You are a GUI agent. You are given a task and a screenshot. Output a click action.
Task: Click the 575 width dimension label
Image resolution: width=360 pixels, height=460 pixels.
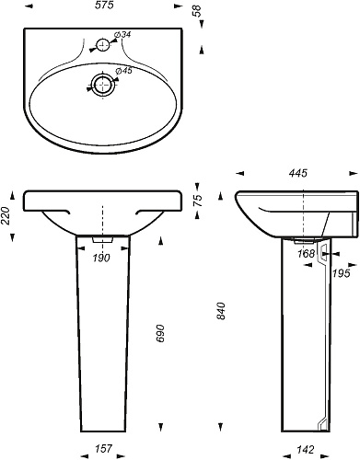(104, 6)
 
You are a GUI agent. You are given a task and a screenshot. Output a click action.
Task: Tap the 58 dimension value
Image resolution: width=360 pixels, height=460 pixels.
(198, 11)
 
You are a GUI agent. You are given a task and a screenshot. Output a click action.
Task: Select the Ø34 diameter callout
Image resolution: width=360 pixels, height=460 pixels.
(122, 35)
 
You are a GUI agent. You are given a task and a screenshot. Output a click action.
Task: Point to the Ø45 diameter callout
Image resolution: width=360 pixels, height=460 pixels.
(123, 71)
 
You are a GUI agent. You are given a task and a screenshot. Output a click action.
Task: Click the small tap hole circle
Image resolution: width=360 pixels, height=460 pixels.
(103, 45)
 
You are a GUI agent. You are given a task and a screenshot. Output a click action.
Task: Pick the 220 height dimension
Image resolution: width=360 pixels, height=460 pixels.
(6, 215)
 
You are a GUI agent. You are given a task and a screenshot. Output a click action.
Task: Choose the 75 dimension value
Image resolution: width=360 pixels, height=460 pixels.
(199, 200)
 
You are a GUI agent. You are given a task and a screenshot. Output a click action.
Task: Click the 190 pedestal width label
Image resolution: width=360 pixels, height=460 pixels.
(101, 259)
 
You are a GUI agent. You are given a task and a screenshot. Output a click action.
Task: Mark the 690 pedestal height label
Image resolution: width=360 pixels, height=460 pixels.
(160, 333)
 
